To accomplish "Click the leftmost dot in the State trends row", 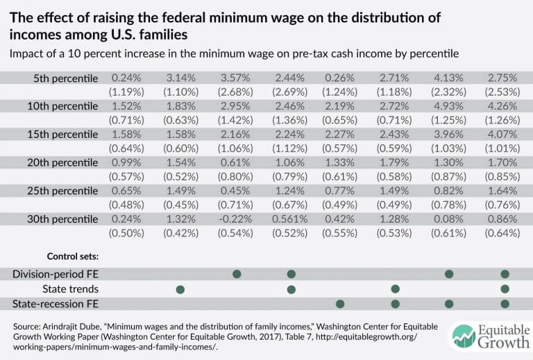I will click(x=180, y=289).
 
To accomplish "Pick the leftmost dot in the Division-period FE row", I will click(x=237, y=274).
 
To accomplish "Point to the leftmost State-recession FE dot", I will click(x=340, y=303).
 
